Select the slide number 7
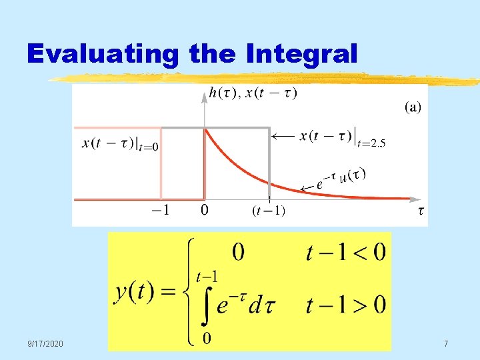pos(446,343)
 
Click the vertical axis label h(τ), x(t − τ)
pos(253,93)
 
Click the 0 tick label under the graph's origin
pos(205,211)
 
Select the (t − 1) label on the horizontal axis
pos(269,211)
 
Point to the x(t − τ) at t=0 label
pos(121,143)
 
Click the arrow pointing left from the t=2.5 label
pos(284,135)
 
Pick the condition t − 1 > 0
pos(345,305)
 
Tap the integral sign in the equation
pos(206,307)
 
